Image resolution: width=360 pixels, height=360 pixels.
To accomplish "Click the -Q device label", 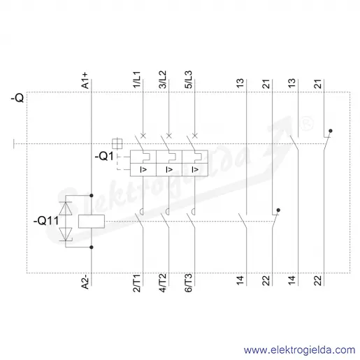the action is click(x=17, y=98).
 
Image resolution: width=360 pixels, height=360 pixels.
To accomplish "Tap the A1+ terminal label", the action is click(x=85, y=80).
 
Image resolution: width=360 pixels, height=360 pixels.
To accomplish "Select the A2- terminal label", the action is click(x=85, y=282).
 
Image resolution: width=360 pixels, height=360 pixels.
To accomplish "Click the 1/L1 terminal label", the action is click(x=137, y=80).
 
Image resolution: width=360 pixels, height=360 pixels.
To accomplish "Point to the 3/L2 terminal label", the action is click(x=163, y=80).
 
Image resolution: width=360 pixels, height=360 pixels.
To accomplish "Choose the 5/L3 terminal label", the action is click(x=189, y=80).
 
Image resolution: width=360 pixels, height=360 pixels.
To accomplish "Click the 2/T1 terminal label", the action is click(x=137, y=283).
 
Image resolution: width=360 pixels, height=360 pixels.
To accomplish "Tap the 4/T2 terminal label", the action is click(x=163, y=283).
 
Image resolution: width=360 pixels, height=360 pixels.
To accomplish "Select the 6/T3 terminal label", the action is click(x=189, y=283).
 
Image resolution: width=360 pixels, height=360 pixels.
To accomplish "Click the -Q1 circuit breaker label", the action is click(x=104, y=156).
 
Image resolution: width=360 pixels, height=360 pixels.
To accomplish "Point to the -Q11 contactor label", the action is click(x=46, y=220).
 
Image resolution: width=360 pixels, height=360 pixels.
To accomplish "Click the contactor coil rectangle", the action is click(x=92, y=221).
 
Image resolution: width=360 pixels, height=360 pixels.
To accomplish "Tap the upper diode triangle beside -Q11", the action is click(x=66, y=208).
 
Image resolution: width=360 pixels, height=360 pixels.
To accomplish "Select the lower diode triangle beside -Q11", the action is click(x=66, y=234).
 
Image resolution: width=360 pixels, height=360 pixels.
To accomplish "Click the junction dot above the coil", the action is click(x=92, y=196).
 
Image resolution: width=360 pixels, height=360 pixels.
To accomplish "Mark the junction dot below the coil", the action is click(x=92, y=247).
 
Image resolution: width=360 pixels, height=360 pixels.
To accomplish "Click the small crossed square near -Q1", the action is click(x=117, y=143).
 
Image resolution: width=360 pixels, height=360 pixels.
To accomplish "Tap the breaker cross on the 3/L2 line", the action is click(x=169, y=136).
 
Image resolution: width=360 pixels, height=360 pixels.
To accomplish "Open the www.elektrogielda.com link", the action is click(x=299, y=350).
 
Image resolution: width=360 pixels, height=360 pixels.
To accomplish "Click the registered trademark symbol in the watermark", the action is click(x=306, y=124).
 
